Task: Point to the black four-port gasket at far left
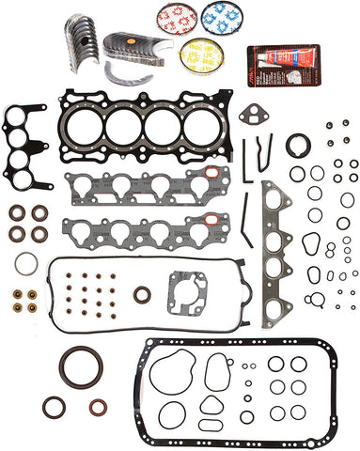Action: coord(27,144)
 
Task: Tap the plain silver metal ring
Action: coord(27,262)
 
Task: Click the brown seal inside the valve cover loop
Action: coord(141,297)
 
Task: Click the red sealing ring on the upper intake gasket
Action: coord(215,175)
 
